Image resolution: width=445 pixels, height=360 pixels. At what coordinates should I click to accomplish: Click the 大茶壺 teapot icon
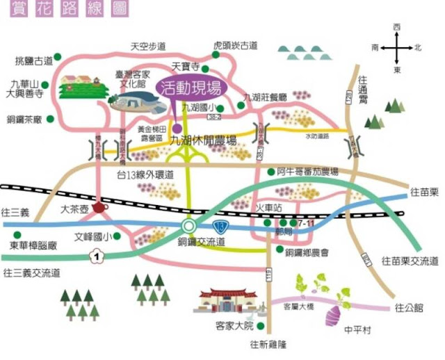(99, 207)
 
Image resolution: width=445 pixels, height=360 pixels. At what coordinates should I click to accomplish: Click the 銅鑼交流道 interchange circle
(188, 227)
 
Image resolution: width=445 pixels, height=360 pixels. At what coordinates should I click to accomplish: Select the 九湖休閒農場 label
(212, 140)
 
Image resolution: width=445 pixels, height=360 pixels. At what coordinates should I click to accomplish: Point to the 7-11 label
(305, 224)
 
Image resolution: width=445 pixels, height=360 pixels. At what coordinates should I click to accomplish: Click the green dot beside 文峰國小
(116, 236)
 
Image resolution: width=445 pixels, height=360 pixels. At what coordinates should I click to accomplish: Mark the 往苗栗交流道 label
(410, 261)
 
